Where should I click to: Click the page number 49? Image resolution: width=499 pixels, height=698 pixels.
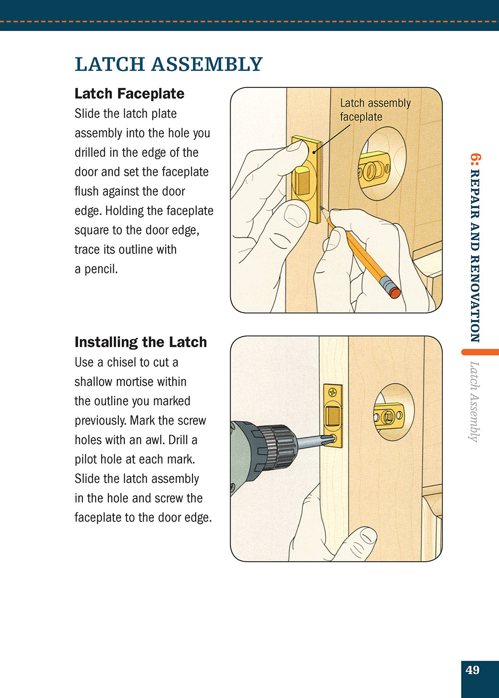point(472,670)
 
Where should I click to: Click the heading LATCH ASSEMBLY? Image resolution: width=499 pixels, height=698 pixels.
point(169,64)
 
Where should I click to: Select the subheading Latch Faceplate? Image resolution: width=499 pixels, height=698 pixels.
point(129,94)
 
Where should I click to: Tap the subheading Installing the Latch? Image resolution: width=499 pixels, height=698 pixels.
point(140,342)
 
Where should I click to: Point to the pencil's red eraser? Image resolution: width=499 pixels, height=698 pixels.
point(394,292)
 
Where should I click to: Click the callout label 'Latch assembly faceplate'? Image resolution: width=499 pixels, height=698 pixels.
point(375,110)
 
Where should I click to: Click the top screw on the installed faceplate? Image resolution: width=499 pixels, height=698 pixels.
point(333,392)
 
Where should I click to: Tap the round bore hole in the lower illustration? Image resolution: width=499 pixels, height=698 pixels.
point(394,412)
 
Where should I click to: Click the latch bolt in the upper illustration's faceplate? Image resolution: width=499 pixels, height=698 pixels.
point(301,180)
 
